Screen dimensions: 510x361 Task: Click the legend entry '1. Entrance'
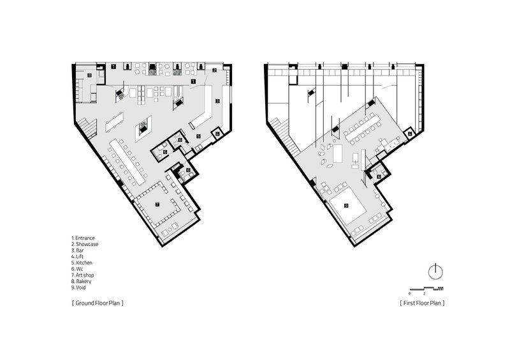pos(83,238)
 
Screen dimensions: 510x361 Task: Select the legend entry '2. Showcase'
pos(85,244)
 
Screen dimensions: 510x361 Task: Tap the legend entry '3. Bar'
pos(77,250)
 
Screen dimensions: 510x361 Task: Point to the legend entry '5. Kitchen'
pos(82,263)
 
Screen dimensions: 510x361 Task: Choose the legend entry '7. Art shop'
pos(83,275)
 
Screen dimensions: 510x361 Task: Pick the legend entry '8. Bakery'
pos(82,281)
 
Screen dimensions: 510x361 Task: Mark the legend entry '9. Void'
pos(78,288)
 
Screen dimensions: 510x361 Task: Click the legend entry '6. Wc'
pos(77,269)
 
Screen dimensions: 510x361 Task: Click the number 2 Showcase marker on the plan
pos(214,70)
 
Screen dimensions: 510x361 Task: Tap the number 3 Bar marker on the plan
pos(217,101)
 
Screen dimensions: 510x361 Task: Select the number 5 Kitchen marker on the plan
pos(198,136)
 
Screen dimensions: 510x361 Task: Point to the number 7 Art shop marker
pos(157,204)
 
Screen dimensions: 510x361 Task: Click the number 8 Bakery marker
pos(90,75)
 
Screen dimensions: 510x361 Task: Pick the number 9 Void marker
pos(346,206)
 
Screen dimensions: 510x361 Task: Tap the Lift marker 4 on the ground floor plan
pos(217,133)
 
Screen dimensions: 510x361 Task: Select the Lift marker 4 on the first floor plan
pos(410,134)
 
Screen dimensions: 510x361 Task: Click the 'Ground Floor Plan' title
pos(98,303)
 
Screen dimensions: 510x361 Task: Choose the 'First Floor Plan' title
pos(422,303)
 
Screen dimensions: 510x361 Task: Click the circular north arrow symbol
pos(435,272)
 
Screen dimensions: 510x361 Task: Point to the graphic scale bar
pos(426,289)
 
